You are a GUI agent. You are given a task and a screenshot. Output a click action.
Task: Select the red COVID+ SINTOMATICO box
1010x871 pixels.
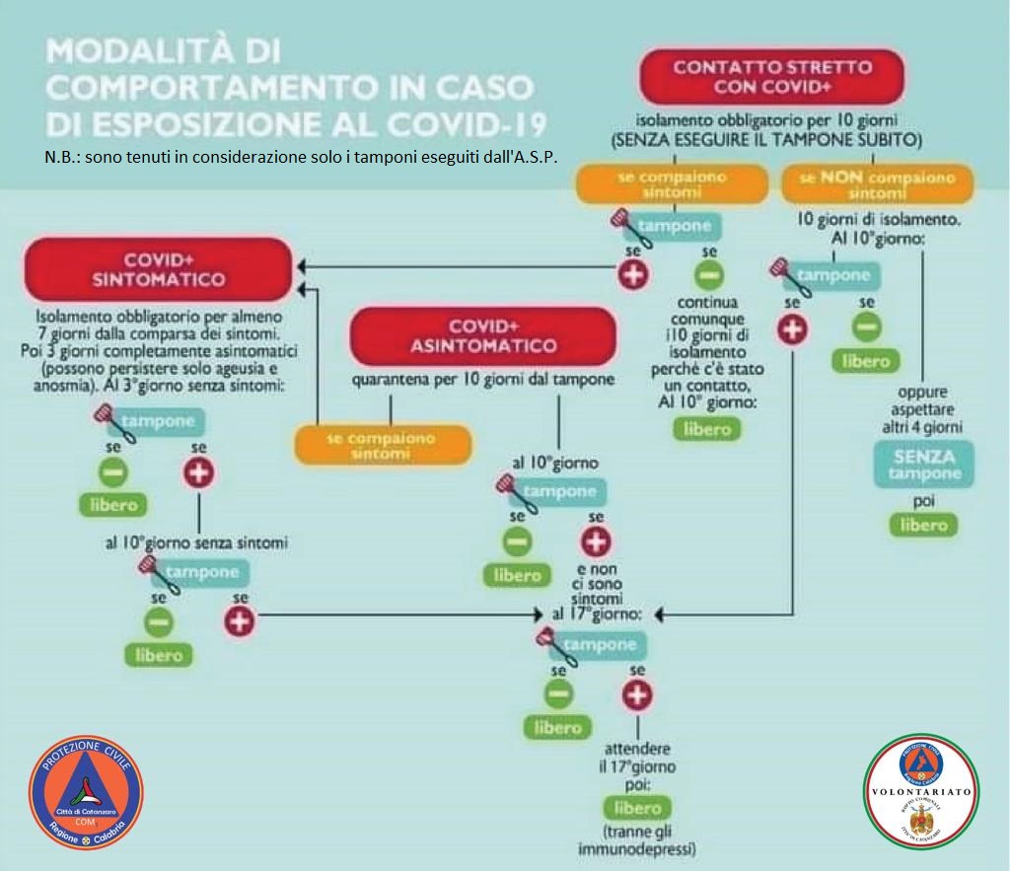pos(160,267)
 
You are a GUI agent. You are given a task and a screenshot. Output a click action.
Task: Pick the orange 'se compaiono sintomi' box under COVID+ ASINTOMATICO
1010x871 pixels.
pos(380,445)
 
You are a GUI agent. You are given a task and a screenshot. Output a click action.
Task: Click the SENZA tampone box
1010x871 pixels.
pos(923,465)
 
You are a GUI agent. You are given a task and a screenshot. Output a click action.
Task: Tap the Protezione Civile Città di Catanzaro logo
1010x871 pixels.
pos(87,792)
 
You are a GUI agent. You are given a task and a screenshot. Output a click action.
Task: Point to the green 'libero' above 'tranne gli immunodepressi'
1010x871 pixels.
pos(637,808)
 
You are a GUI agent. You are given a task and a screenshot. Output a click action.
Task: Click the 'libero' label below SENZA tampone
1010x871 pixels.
pos(923,526)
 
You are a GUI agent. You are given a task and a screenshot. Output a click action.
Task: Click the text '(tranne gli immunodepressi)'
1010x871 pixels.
pos(636,838)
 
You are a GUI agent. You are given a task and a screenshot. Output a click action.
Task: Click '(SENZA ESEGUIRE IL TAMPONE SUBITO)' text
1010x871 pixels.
pos(767,140)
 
